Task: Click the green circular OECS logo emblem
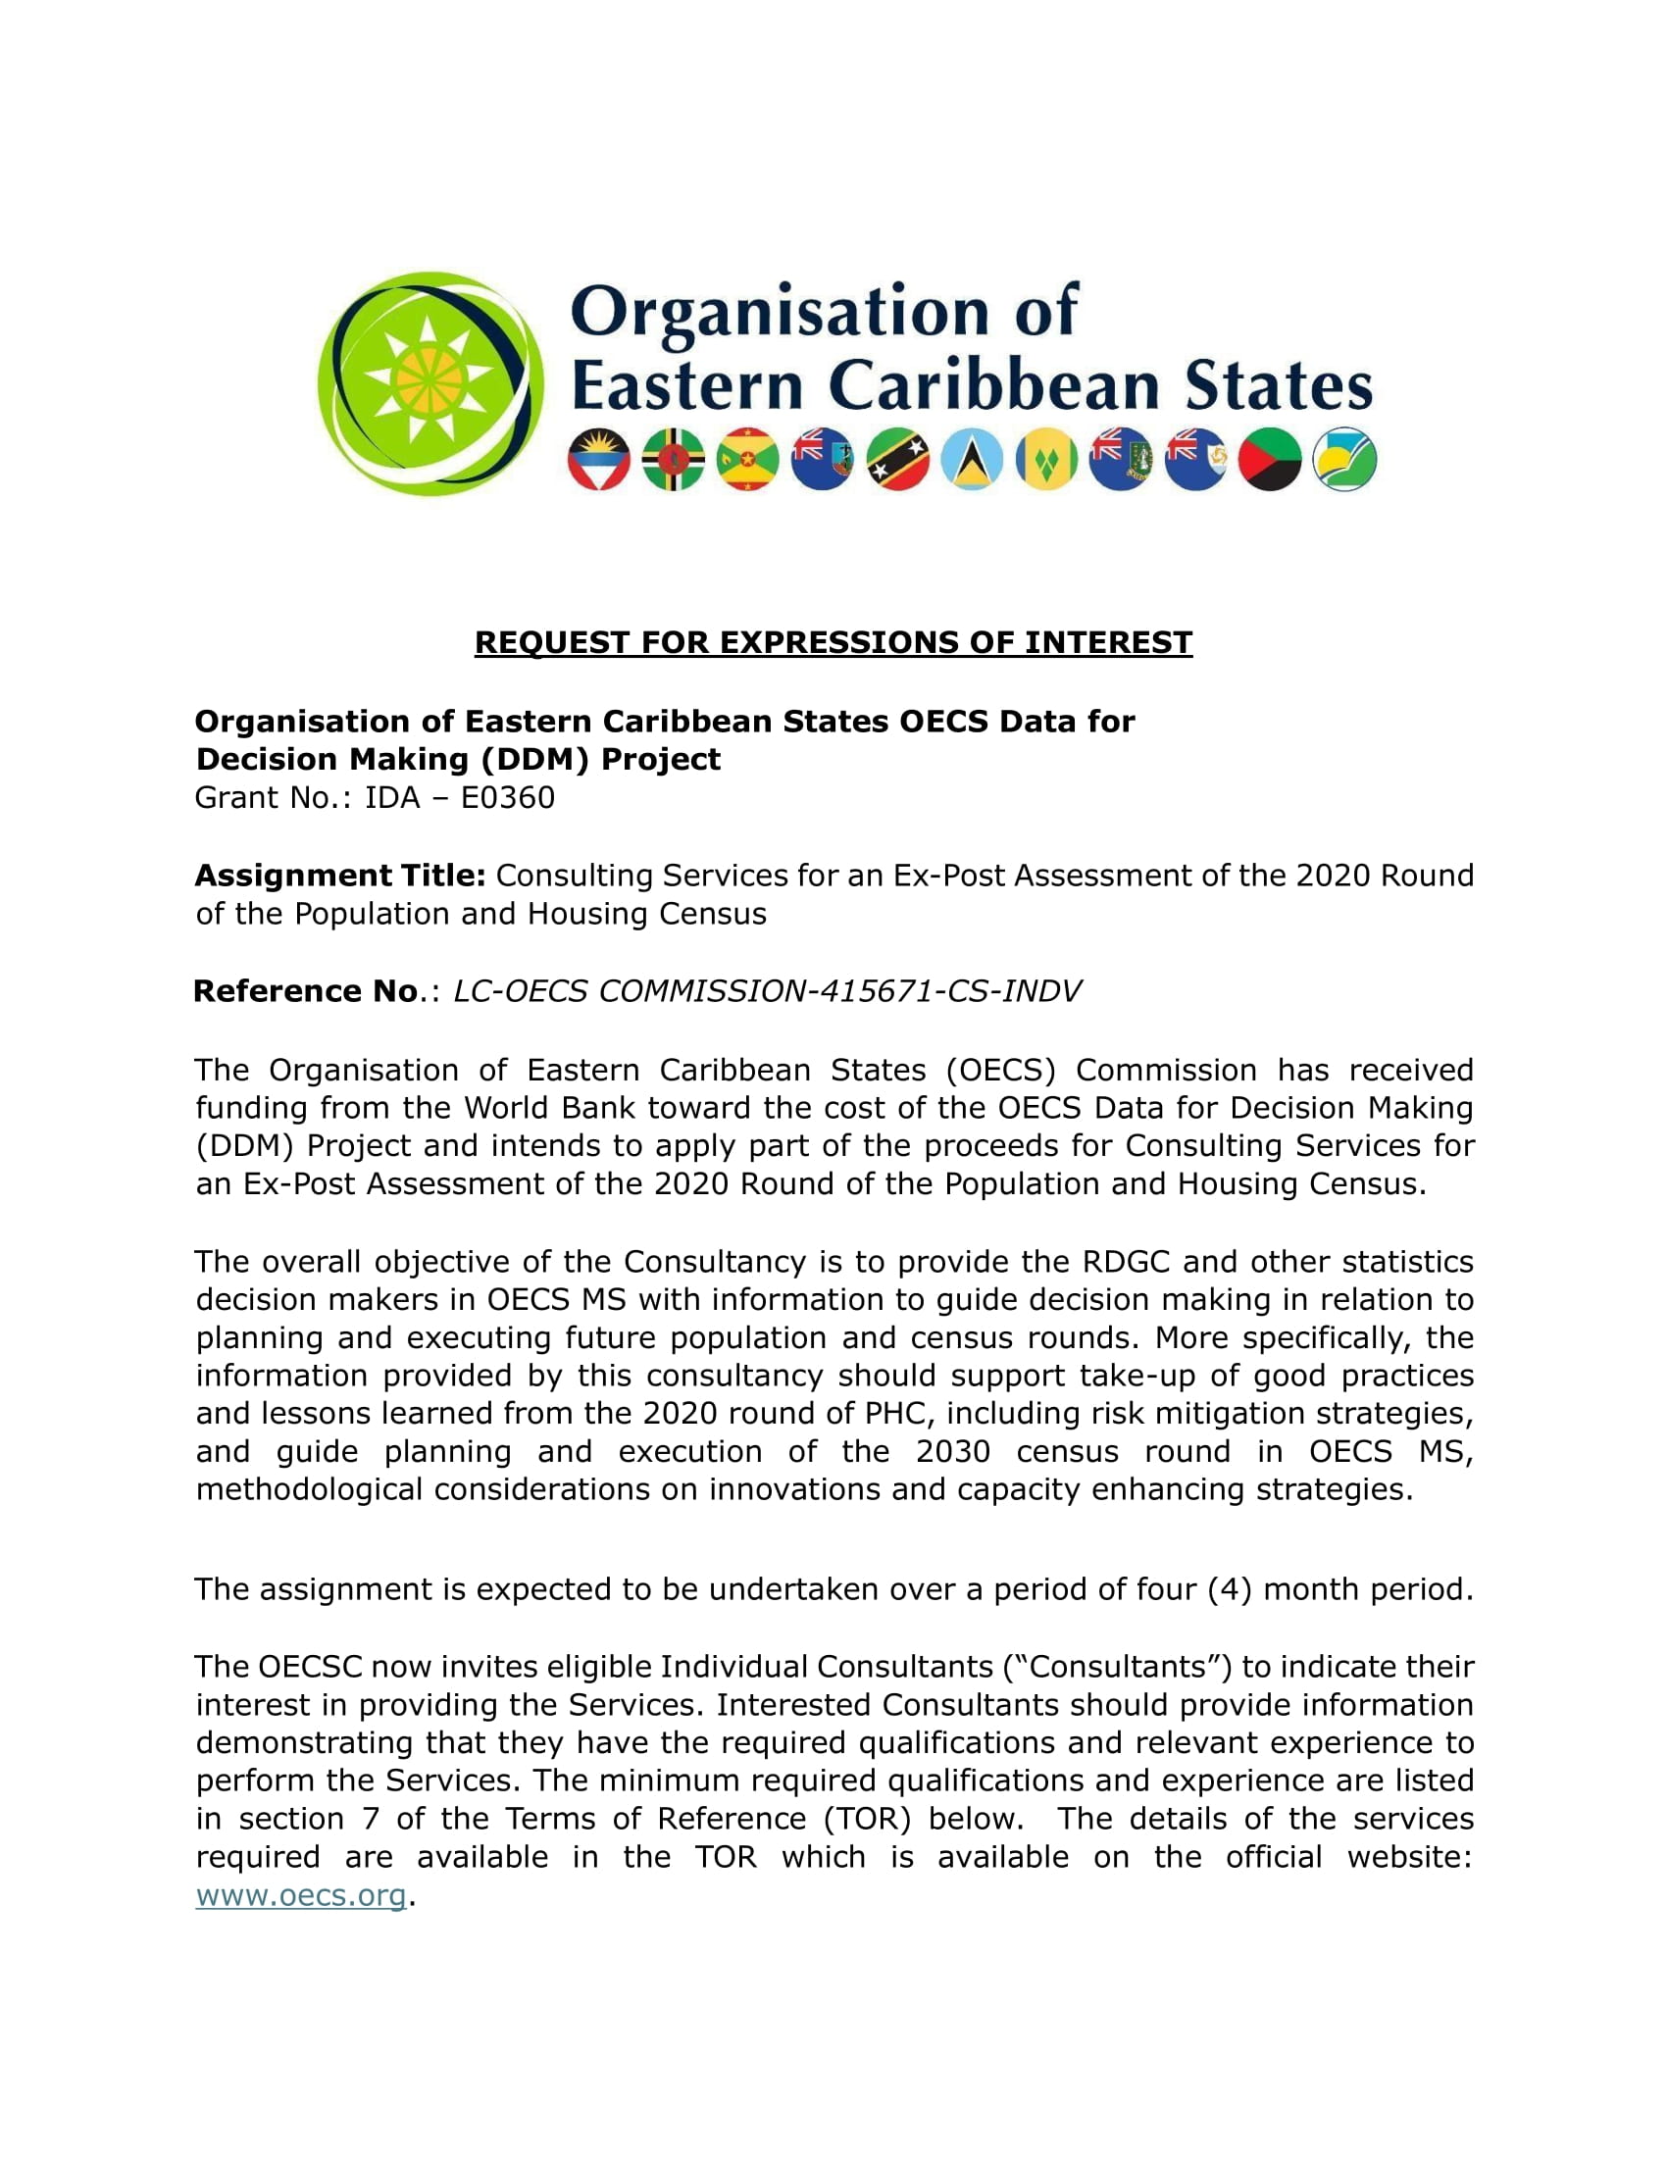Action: (429, 383)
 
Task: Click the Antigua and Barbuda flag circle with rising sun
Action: (598, 459)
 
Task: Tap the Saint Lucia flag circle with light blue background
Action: (972, 459)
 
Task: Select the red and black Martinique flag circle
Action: (1270, 459)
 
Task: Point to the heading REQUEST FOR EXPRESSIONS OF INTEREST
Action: (833, 642)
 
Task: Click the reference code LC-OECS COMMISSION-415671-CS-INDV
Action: (767, 990)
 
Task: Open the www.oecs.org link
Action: (300, 1895)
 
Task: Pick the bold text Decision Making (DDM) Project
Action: (458, 759)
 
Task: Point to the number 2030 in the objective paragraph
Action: (952, 1451)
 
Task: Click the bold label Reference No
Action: (305, 990)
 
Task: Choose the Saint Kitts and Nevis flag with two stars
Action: (897, 459)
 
